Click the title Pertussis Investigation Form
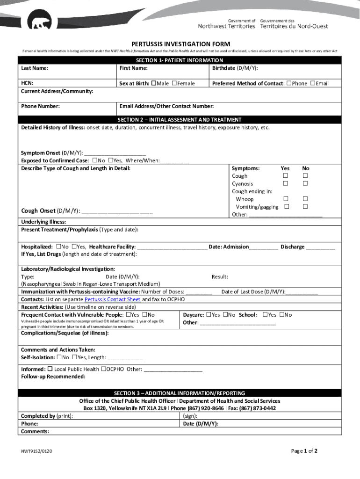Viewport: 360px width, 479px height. pyautogui.click(x=180, y=44)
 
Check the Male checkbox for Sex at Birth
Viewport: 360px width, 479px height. pyautogui.click(x=153, y=83)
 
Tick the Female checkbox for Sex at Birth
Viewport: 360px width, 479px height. pyautogui.click(x=174, y=83)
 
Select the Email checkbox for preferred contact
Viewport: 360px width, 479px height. pyautogui.click(x=313, y=83)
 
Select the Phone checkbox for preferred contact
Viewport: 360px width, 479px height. pyautogui.click(x=289, y=83)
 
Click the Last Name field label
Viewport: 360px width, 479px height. pyautogui.click(x=35, y=68)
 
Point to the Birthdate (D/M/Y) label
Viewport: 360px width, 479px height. pyautogui.click(x=235, y=68)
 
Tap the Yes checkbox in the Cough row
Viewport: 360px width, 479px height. pyautogui.click(x=285, y=176)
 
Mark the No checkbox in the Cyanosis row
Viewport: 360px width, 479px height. pyautogui.click(x=305, y=184)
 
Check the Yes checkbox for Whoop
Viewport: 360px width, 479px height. pyautogui.click(x=285, y=199)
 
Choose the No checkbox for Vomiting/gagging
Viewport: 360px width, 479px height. pyautogui.click(x=305, y=207)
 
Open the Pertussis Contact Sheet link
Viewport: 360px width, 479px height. pyautogui.click(x=112, y=299)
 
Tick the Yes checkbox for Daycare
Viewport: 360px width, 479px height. pyautogui.click(x=209, y=315)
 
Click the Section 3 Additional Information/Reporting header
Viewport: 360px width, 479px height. pyautogui.click(x=180, y=393)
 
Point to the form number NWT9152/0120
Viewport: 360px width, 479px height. pyautogui.click(x=36, y=452)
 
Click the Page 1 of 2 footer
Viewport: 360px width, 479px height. pyautogui.click(x=304, y=451)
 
